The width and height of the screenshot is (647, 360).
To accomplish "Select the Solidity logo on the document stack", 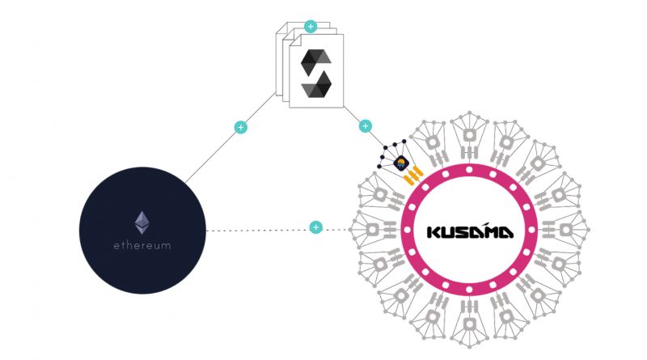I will [x=316, y=72].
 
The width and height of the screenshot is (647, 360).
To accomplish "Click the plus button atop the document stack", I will [x=310, y=27].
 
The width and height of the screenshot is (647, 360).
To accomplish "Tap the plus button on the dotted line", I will [x=315, y=228].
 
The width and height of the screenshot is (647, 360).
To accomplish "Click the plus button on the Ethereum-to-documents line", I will [x=239, y=127].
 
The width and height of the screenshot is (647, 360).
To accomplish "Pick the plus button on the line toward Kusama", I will [x=365, y=126].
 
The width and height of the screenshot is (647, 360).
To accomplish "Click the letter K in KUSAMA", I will [x=434, y=232].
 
